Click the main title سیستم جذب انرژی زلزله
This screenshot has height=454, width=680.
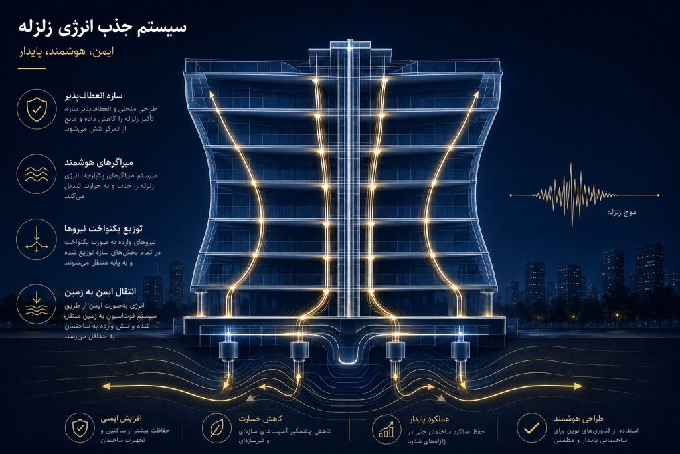[x=102, y=27]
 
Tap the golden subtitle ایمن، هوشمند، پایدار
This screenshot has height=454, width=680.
[x=66, y=52]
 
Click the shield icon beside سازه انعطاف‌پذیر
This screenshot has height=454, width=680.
[x=37, y=109]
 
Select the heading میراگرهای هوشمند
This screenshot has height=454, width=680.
[x=99, y=162]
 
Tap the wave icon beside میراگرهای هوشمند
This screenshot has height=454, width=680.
[x=37, y=174]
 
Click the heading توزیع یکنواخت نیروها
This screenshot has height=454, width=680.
[x=103, y=229]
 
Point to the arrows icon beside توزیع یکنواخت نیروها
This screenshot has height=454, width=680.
[x=37, y=239]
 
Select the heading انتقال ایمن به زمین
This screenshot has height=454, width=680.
[x=100, y=292]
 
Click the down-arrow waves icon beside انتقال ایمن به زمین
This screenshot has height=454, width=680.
[x=37, y=304]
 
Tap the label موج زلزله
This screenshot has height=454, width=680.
[x=622, y=212]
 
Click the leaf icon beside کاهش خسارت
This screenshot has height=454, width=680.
[x=216, y=428]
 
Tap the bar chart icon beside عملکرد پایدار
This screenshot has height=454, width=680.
[x=386, y=429]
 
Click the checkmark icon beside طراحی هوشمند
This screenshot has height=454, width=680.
[x=531, y=428]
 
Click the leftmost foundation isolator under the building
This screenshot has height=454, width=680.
[x=228, y=351]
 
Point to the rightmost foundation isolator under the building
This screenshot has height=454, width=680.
[x=460, y=351]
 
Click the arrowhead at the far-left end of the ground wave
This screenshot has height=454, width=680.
[x=106, y=386]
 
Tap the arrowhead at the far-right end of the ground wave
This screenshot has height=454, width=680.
[x=578, y=386]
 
